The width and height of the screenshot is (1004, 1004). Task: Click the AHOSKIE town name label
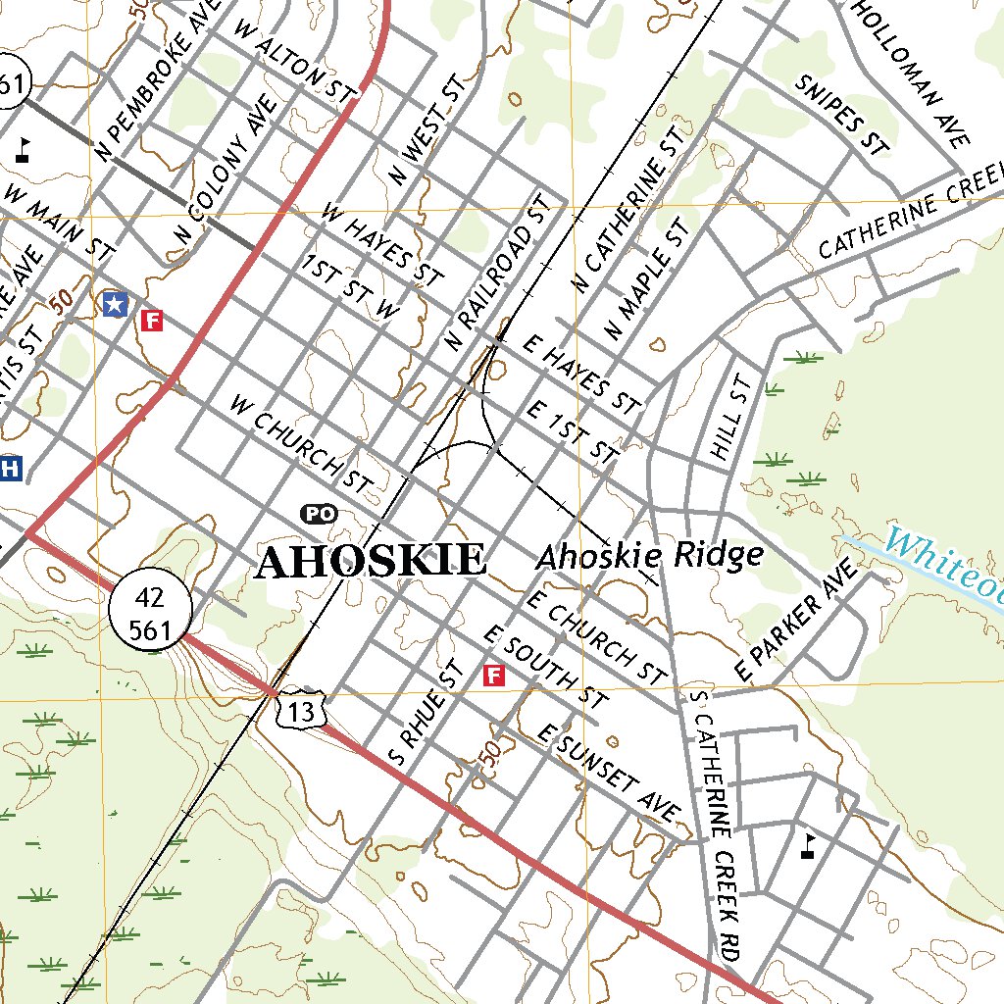(371, 561)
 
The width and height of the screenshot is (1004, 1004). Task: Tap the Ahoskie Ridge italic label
(649, 556)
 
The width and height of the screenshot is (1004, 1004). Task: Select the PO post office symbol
(318, 513)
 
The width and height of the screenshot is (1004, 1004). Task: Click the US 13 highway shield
(299, 709)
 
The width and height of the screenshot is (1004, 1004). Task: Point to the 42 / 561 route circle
(150, 613)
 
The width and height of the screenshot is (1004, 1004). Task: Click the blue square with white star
(115, 304)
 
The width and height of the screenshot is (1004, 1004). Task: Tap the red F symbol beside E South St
(494, 675)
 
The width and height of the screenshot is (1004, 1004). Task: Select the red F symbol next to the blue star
(151, 320)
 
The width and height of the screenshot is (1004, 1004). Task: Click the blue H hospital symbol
(11, 468)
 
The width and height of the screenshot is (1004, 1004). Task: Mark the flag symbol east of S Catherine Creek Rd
(809, 845)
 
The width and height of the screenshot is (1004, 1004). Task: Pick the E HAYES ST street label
(581, 373)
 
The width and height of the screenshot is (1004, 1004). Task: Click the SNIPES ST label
(841, 115)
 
